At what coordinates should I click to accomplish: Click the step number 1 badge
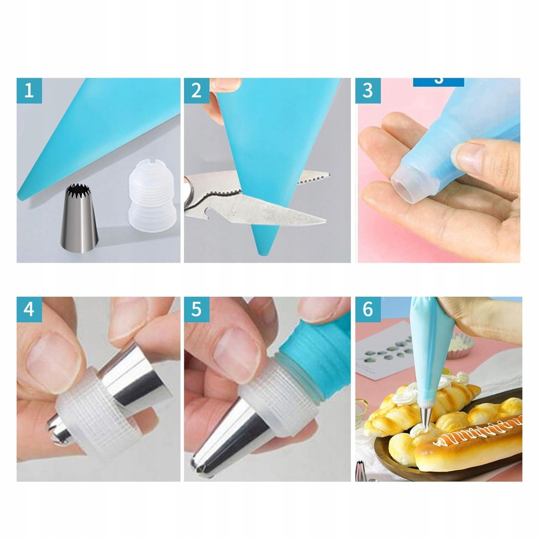[29, 91]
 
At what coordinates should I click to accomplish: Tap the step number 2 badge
[197, 91]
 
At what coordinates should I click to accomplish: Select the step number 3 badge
[368, 91]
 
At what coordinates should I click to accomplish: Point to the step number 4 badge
[29, 310]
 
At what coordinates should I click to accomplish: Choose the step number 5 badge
[197, 310]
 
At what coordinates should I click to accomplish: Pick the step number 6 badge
[368, 310]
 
